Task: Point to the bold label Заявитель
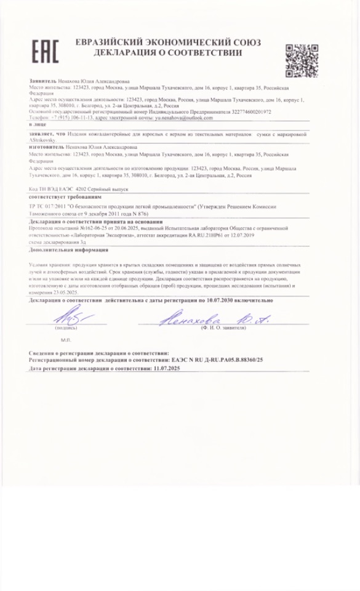[42, 81]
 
